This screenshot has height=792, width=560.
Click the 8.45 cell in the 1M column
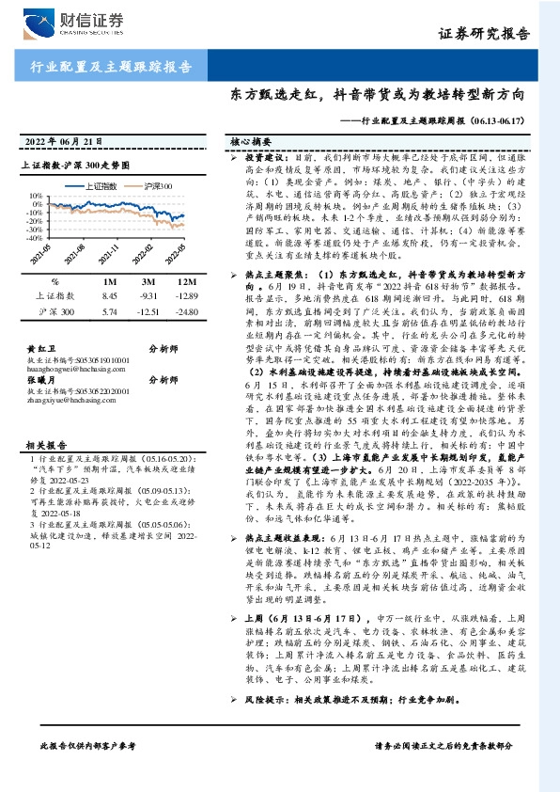coord(107,295)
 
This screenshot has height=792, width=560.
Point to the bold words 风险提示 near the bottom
coord(260,702)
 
